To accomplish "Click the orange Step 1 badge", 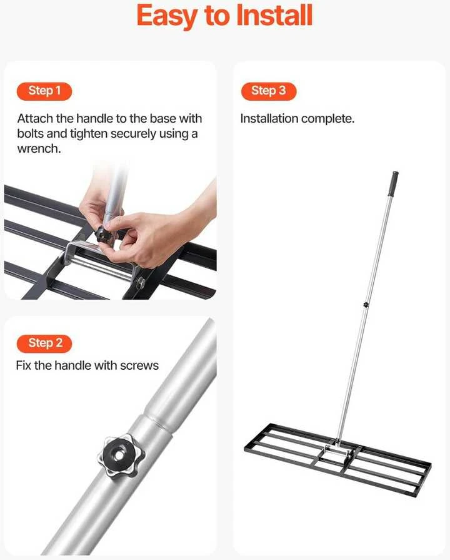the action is click(44, 91).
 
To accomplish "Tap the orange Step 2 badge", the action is click(44, 344).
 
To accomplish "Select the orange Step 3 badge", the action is click(269, 91).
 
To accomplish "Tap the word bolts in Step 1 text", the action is click(31, 133).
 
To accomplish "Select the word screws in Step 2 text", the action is click(139, 365).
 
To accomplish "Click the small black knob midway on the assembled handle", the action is click(366, 305).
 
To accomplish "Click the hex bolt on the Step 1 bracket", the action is click(140, 282).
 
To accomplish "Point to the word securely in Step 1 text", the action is click(132, 134).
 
